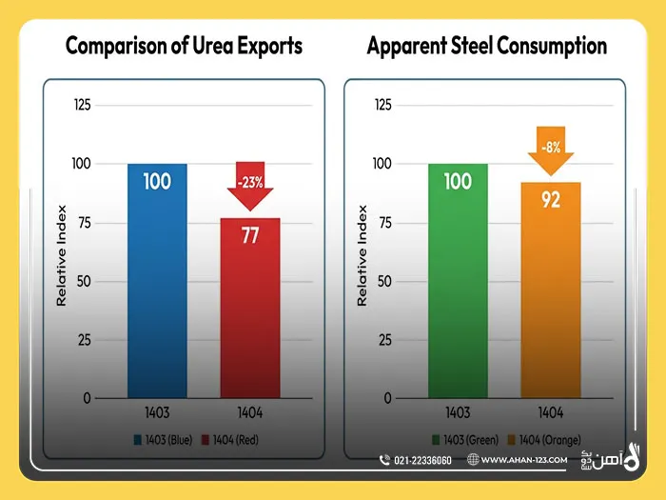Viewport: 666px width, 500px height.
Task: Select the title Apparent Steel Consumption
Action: coord(486,47)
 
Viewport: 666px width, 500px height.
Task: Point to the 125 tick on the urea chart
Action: coord(83,105)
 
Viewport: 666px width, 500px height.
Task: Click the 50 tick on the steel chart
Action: coord(382,281)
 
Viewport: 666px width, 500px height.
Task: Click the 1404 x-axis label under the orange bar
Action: coord(550,414)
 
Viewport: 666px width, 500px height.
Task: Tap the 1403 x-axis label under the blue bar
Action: coord(157,414)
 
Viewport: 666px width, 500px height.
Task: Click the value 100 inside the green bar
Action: coord(458,181)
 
